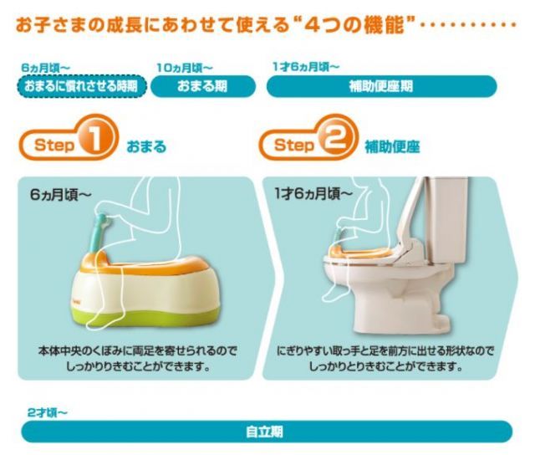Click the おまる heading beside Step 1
pyautogui.click(x=146, y=146)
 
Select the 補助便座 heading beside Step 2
pyautogui.click(x=392, y=146)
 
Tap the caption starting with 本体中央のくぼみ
pyautogui.click(x=138, y=358)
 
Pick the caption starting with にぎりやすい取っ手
pyautogui.click(x=385, y=358)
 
